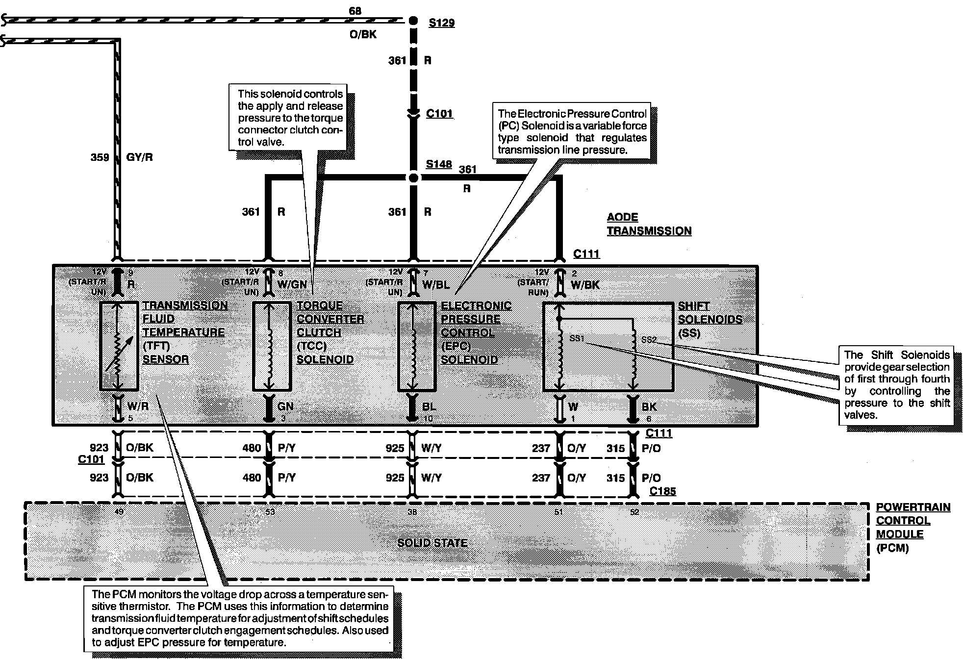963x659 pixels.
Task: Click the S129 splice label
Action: click(x=441, y=23)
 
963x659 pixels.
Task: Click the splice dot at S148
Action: click(x=413, y=177)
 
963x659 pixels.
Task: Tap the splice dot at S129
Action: click(x=413, y=21)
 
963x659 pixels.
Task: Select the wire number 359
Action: click(x=100, y=157)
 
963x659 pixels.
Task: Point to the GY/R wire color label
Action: click(x=140, y=157)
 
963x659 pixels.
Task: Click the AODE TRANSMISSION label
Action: click(x=649, y=224)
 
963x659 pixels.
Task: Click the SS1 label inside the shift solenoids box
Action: click(x=577, y=338)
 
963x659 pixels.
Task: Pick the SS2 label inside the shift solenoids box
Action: click(x=648, y=339)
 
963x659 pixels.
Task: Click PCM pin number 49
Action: click(x=119, y=512)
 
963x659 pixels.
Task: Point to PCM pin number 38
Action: click(x=412, y=512)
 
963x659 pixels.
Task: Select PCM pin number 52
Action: click(x=634, y=512)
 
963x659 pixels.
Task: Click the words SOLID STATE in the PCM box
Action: click(x=432, y=543)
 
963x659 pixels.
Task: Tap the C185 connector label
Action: click(x=662, y=491)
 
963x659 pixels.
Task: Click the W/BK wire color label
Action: click(x=585, y=284)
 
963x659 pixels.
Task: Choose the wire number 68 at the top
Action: click(x=355, y=11)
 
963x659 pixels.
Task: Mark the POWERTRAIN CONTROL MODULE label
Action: click(x=912, y=527)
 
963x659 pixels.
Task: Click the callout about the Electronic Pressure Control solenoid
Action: click(x=572, y=131)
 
